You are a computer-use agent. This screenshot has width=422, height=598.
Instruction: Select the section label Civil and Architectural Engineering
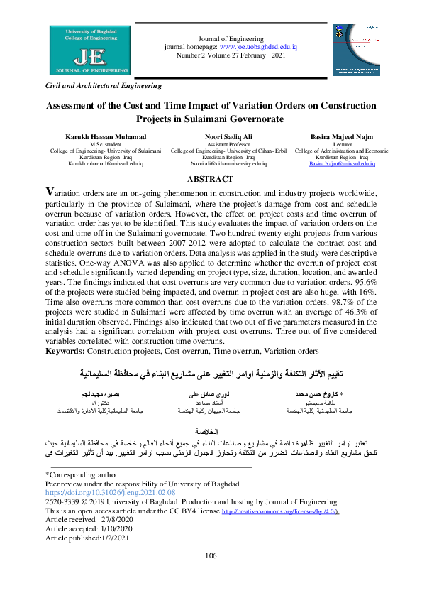click(104, 86)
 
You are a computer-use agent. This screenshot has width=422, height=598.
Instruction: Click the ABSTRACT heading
click(211, 179)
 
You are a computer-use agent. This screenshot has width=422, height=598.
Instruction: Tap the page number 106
click(211, 575)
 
